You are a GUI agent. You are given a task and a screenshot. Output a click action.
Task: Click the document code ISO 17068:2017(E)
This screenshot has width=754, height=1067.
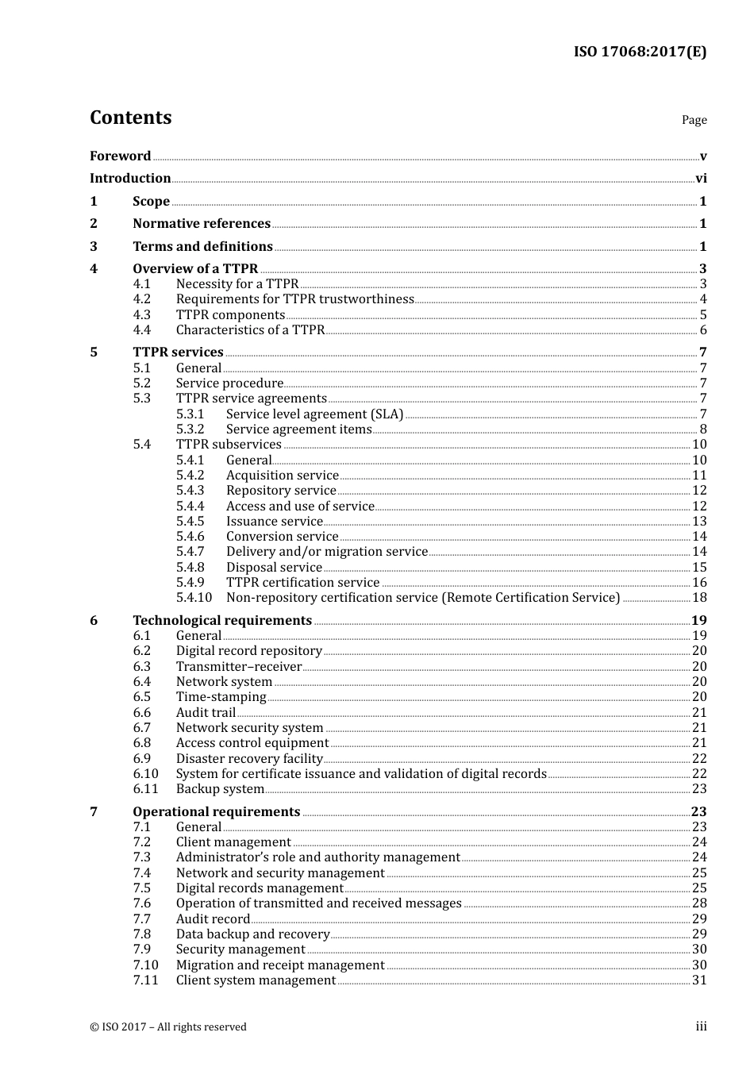tap(640, 52)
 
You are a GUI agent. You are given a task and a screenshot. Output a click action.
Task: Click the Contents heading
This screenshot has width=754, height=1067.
tap(130, 117)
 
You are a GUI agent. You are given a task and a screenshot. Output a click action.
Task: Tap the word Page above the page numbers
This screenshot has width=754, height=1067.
tap(694, 120)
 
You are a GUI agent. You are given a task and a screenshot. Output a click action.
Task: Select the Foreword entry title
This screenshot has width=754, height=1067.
tap(120, 156)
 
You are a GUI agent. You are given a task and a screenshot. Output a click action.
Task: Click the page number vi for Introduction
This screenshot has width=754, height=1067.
tap(701, 179)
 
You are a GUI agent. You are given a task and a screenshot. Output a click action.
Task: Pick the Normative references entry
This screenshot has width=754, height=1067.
tap(202, 224)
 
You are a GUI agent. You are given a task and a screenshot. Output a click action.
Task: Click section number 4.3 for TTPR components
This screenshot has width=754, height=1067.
tap(142, 315)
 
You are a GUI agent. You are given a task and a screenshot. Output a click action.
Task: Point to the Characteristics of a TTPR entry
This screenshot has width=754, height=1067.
tap(250, 330)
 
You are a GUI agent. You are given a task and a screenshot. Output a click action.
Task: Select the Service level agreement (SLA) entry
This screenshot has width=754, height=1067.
tap(314, 414)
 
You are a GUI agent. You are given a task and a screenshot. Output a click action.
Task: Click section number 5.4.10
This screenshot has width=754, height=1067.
tap(194, 598)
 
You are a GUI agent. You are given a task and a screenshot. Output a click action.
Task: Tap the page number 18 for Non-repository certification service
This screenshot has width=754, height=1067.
tap(699, 598)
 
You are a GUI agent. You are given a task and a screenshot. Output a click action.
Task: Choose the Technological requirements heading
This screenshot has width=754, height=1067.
tap(222, 621)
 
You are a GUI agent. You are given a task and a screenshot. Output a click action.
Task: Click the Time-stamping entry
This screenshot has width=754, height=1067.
tap(221, 697)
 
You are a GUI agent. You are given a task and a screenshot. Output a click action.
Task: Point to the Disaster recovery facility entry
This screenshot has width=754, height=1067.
tap(249, 759)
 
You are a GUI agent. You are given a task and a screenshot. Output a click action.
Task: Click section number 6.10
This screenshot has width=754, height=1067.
tap(145, 774)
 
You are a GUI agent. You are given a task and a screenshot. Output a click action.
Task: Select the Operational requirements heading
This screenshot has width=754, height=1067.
tap(217, 812)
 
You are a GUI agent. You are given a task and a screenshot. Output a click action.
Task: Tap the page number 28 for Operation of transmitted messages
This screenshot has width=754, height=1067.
tap(699, 903)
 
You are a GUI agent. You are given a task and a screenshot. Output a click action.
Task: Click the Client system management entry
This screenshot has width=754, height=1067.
tap(256, 980)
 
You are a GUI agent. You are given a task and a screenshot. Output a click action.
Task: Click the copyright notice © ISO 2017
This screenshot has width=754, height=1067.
tap(168, 1027)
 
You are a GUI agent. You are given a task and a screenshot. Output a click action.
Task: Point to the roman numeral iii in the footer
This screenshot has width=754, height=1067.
tap(701, 1027)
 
